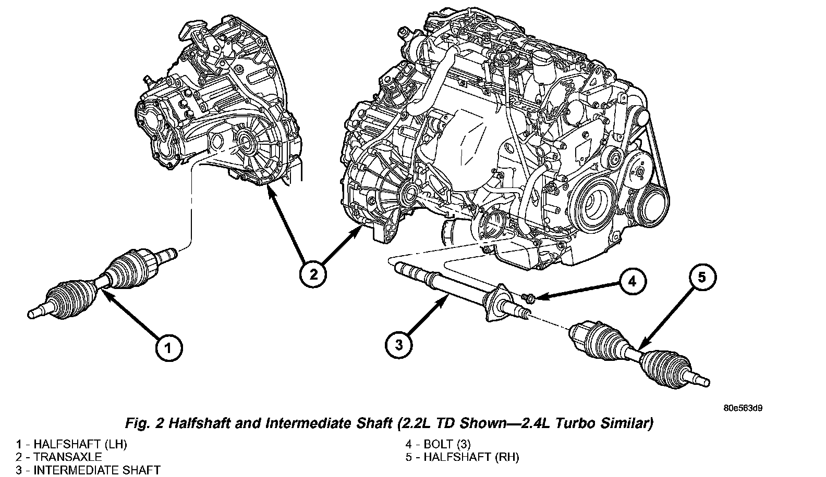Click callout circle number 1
[x=168, y=348]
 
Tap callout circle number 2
[x=313, y=274]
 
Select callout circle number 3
[x=399, y=345]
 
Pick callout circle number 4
[x=632, y=282]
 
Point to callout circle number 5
[x=701, y=277]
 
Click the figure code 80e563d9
[x=743, y=408]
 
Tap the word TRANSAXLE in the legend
[x=68, y=457]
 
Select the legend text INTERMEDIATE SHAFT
[x=97, y=470]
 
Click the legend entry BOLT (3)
[x=447, y=444]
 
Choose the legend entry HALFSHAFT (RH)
[x=471, y=457]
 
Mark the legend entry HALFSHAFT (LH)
[x=80, y=444]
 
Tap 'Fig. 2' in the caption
[x=144, y=423]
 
